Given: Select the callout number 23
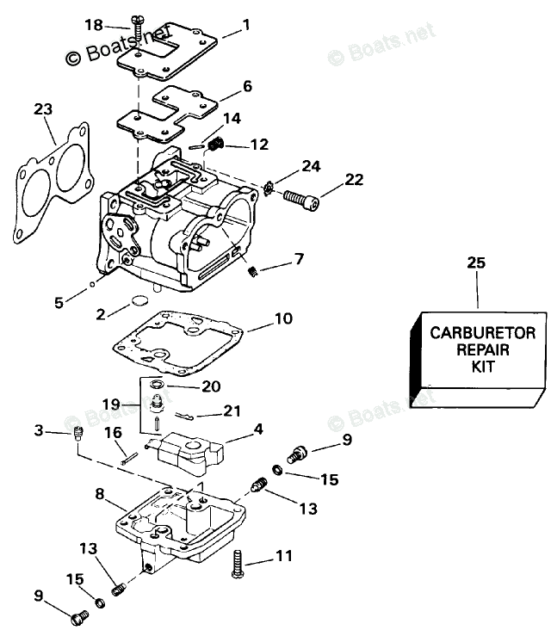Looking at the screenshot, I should coord(43,109).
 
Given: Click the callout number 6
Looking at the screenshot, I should coord(247,86).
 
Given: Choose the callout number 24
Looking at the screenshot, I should coord(311,164).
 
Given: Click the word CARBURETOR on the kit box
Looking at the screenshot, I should coord(483,332).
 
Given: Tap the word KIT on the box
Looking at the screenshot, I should coord(484,366).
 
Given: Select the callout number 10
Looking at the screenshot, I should coord(283,319).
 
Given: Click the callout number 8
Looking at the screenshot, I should coord(100,494).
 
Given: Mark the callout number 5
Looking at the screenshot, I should coord(59,302).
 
